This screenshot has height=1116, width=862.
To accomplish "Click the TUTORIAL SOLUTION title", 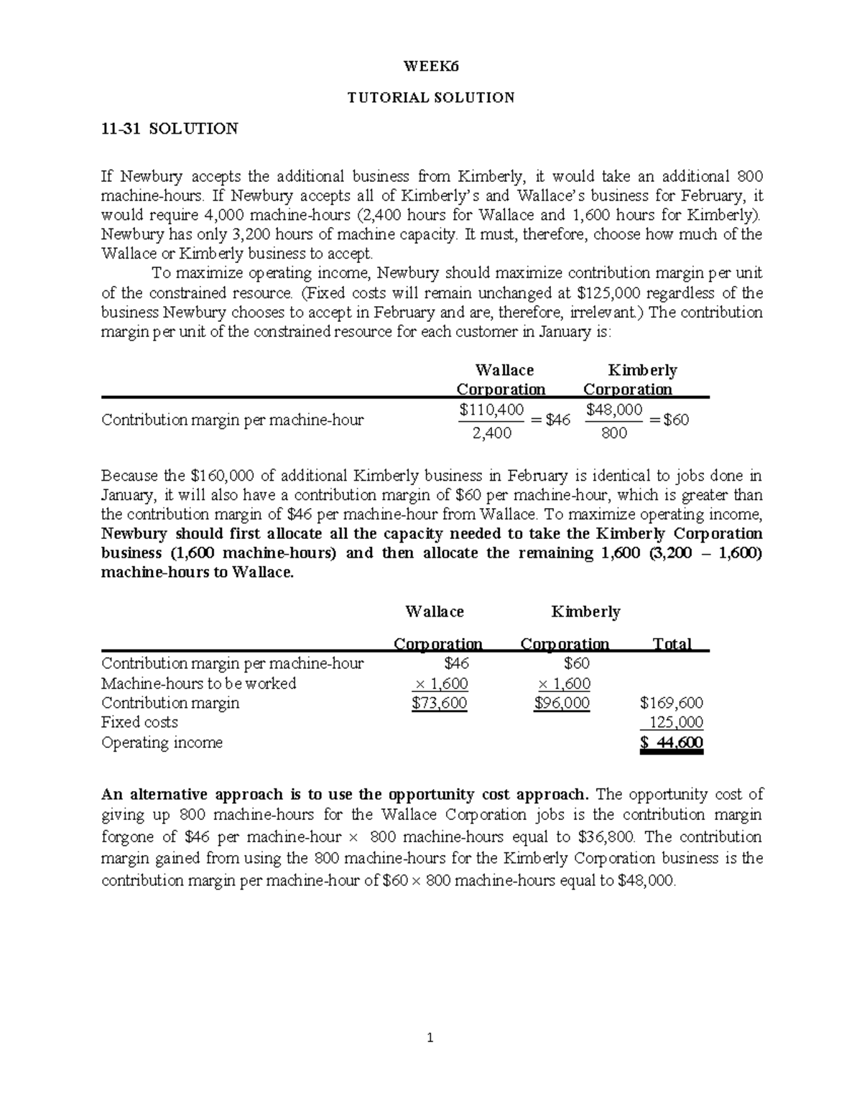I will coord(431,98).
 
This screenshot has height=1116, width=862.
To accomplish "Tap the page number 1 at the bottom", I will coord(430,1038).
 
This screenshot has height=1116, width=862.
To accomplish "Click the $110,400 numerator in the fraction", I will coord(486,410).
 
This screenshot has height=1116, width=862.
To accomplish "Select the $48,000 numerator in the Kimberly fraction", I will coord(614,410).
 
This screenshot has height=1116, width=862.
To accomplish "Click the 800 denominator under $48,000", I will coord(614,433).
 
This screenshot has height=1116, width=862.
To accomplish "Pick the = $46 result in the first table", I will coord(550,420).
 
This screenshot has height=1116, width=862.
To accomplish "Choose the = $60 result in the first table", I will coord(669,420).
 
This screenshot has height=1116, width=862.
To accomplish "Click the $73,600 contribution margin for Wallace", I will coord(439,703).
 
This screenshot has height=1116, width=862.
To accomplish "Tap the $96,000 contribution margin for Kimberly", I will coord(562,703).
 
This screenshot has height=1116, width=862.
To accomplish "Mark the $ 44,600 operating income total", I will coord(671,743).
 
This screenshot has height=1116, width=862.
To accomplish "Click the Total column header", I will coord(672,644).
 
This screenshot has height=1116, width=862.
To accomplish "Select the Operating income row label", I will coord(162,742).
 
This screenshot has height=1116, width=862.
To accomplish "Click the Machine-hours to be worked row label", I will coord(199,683).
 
